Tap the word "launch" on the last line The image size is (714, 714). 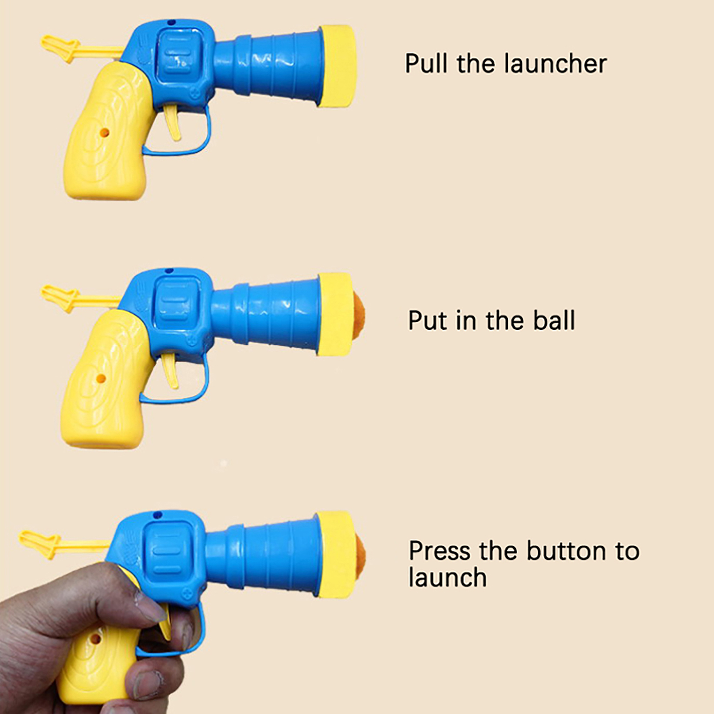pyautogui.click(x=448, y=577)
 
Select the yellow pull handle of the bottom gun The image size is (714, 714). pyautogui.click(x=62, y=543)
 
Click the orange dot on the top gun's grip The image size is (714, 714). pyautogui.click(x=104, y=133)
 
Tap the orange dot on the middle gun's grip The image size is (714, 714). pyautogui.click(x=101, y=379)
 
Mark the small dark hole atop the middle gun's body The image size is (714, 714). pyautogui.click(x=169, y=270)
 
